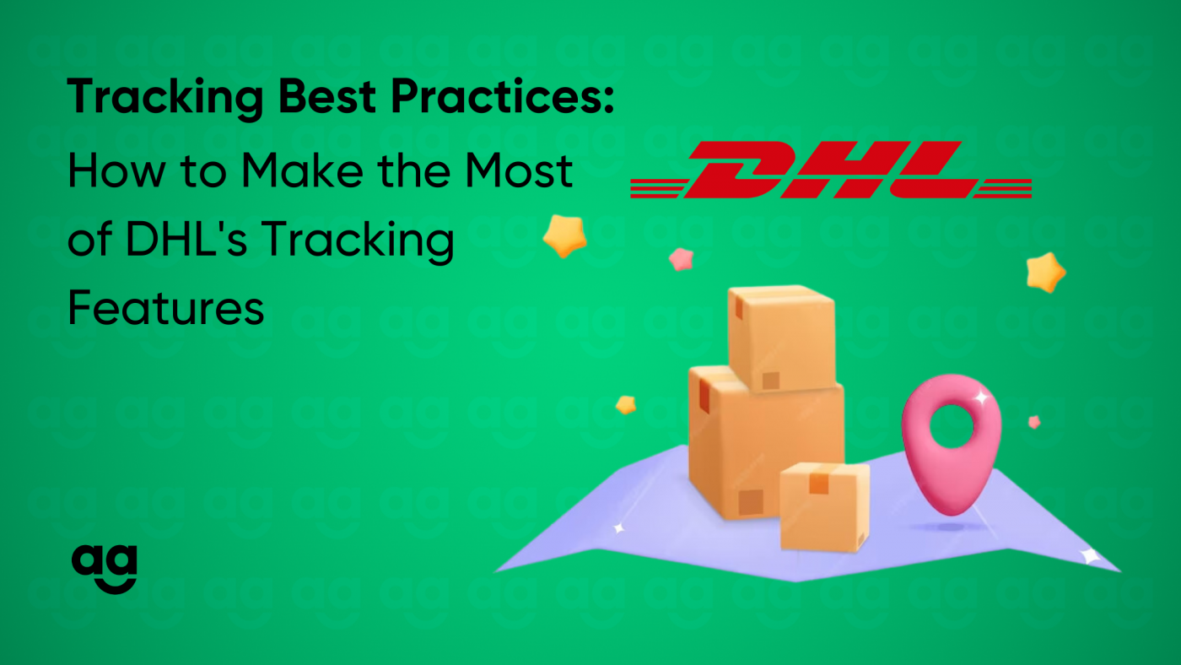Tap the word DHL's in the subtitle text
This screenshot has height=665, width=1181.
coord(186,239)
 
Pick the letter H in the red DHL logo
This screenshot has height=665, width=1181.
coord(842,170)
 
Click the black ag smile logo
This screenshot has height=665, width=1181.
coord(105,570)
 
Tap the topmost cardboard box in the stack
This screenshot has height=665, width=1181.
coord(781,338)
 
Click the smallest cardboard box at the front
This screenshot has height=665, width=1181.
coord(824,507)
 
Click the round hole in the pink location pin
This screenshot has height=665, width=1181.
coord(952,426)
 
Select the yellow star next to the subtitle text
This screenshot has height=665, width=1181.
coord(564,235)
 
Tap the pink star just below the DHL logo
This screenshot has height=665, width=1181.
coord(682,259)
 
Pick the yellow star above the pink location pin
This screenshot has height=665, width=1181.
coord(1046,273)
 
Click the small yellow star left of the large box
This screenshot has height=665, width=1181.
coord(626,405)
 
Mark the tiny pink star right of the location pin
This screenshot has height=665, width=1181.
coord(1034,422)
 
